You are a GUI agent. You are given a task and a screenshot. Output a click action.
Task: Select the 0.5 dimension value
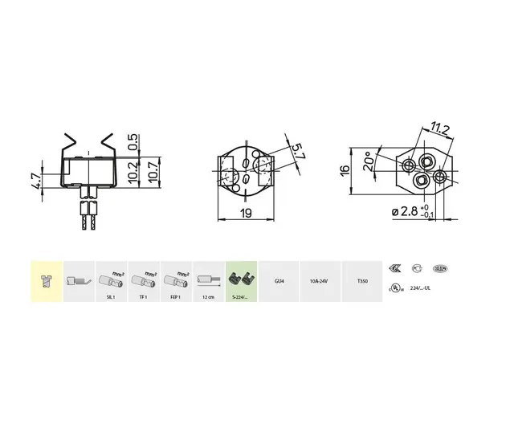(x=133, y=141)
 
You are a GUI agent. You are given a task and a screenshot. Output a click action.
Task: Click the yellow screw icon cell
(x=46, y=281)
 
